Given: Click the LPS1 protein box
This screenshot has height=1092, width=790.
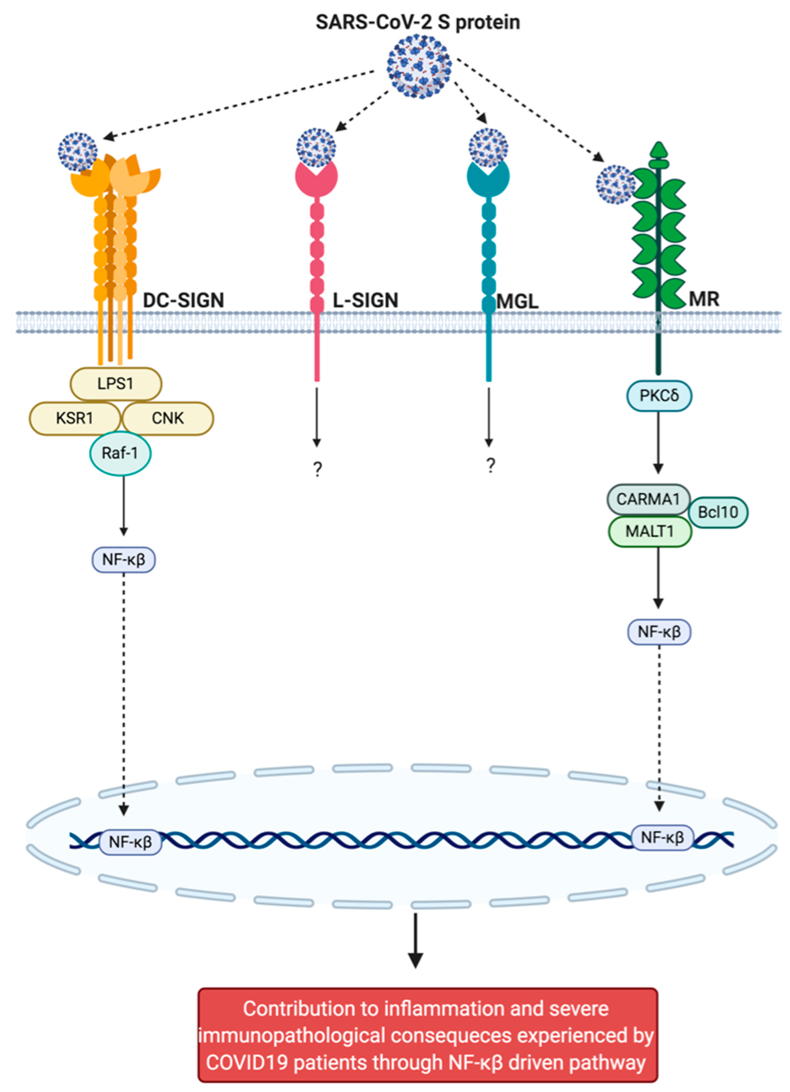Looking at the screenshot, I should [116, 384].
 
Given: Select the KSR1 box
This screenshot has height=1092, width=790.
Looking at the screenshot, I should [75, 418].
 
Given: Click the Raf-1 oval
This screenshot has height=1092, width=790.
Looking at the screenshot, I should [120, 453].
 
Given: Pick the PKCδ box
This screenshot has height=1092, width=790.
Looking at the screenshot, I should [659, 396].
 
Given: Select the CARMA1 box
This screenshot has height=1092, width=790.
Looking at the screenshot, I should [648, 499].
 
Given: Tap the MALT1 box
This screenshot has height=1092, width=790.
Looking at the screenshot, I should [649, 532].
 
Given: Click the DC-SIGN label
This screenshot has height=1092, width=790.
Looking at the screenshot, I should [183, 300].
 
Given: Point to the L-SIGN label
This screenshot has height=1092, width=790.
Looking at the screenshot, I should [366, 300].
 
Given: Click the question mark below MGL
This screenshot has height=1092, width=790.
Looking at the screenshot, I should [490, 466].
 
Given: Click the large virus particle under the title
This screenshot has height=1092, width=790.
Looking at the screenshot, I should [419, 67].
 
